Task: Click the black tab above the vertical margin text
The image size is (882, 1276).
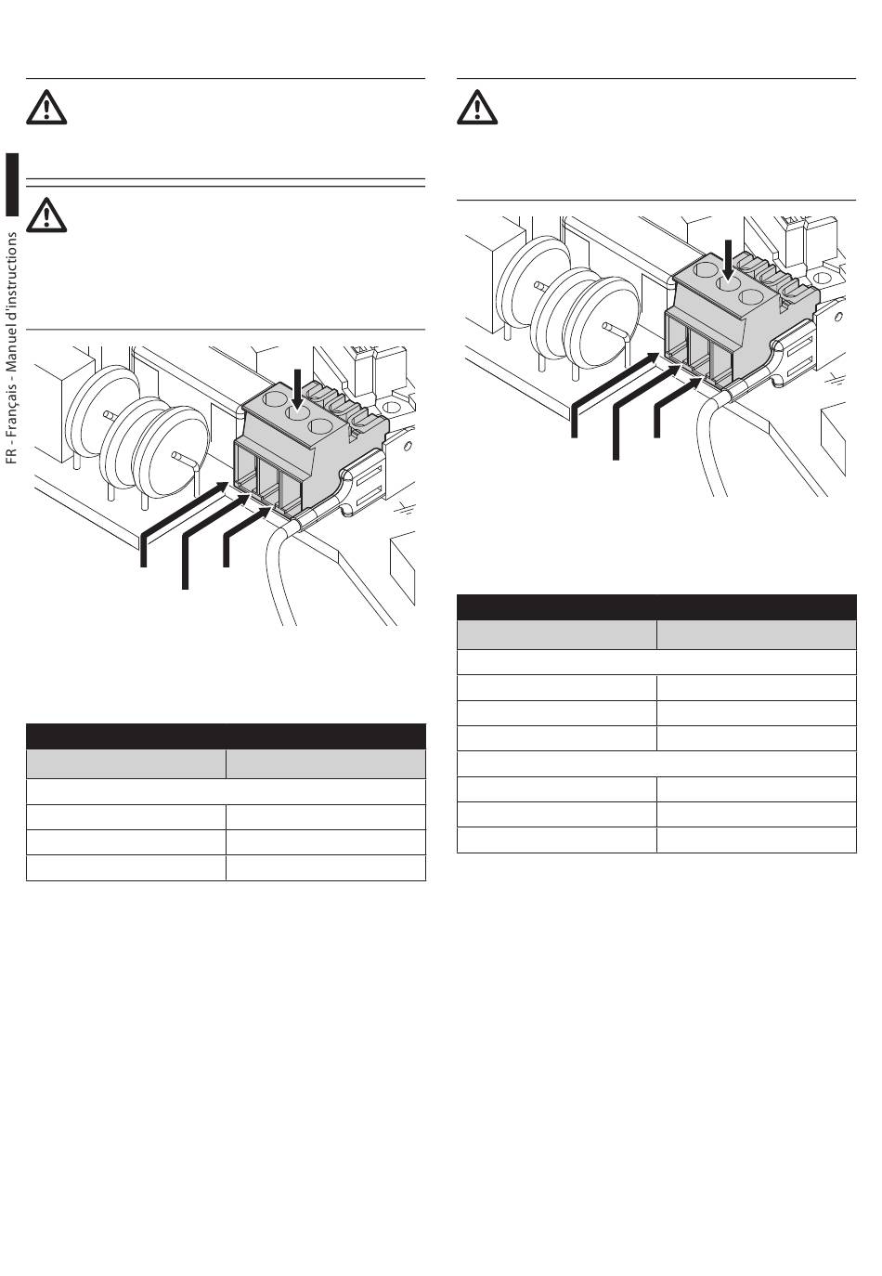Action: [x=12, y=185]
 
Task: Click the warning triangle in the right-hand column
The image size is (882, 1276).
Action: [x=477, y=107]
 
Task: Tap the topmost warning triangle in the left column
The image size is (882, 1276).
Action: [x=46, y=107]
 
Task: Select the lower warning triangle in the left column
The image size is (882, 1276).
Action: [x=46, y=215]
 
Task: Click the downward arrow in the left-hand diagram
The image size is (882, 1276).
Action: [x=297, y=390]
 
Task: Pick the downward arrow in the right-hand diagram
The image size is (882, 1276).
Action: [x=727, y=260]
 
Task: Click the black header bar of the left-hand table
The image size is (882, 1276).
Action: [x=226, y=736]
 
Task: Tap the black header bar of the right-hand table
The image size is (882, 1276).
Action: [x=656, y=607]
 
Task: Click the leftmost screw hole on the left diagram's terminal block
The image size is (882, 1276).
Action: [x=274, y=397]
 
